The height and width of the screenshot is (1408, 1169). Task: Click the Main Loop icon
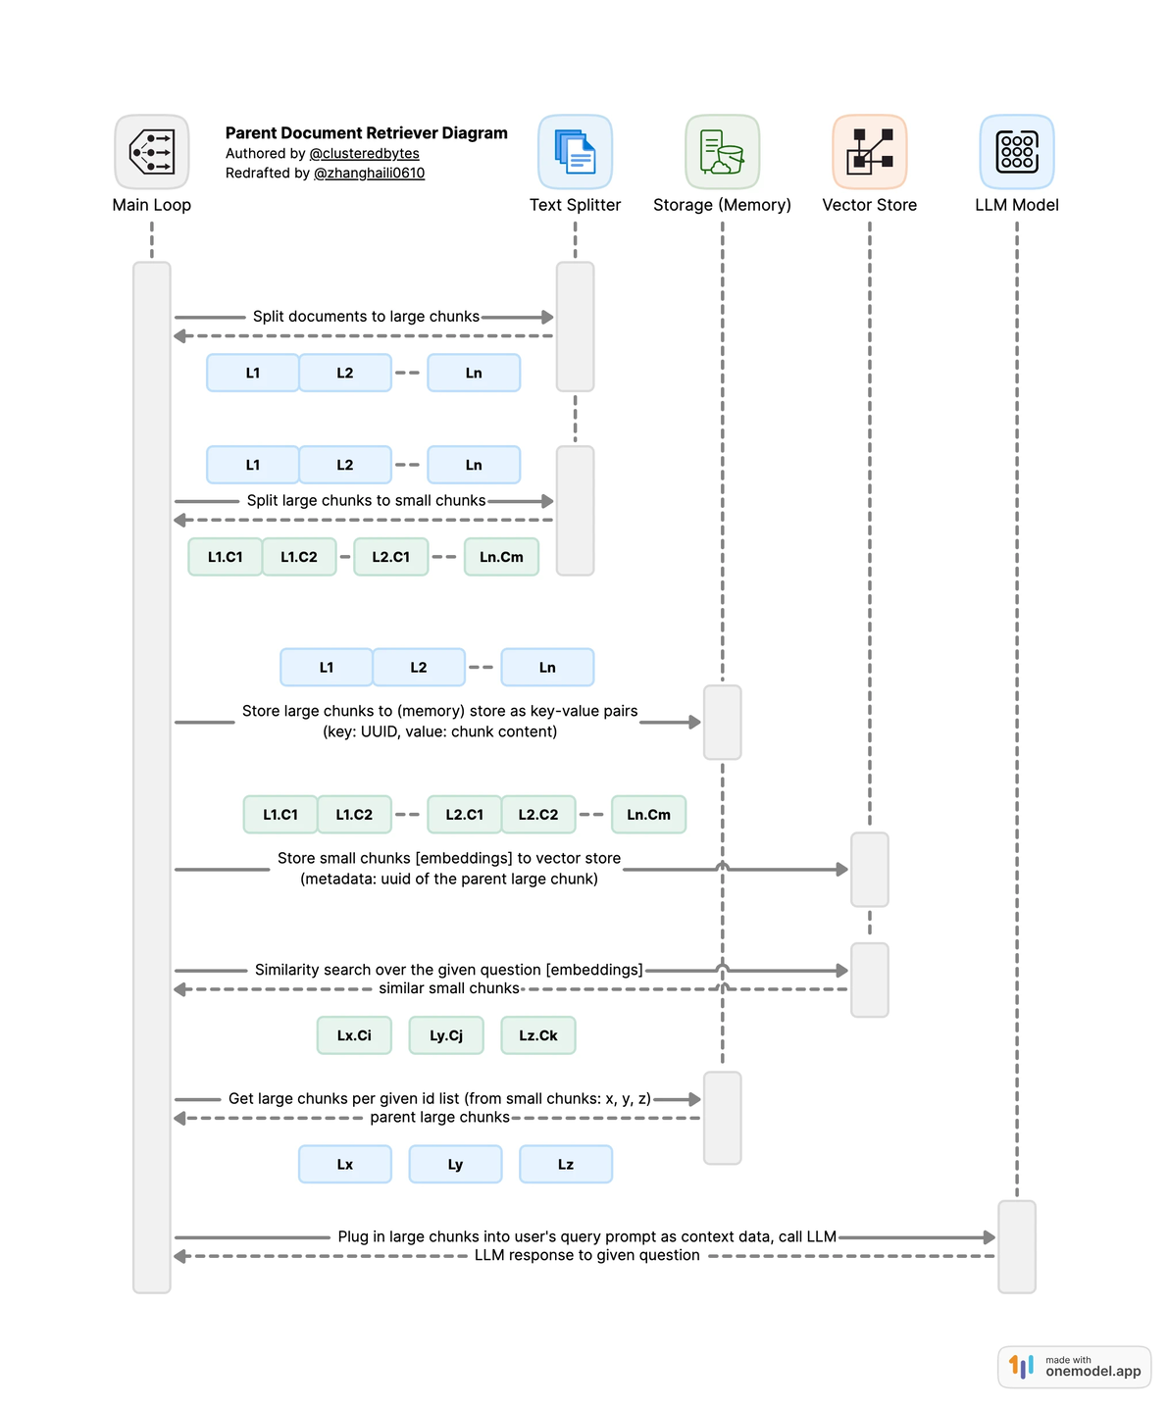pos(152,152)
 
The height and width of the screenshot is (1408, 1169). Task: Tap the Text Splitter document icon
pos(575,152)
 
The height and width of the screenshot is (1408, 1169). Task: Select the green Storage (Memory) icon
pos(722,152)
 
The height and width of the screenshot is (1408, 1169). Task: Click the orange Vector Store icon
pos(869,152)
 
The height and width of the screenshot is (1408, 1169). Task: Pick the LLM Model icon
pos(1017,152)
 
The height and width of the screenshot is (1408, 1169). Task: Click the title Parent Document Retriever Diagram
pos(366,133)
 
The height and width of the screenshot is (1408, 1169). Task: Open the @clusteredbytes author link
pos(364,154)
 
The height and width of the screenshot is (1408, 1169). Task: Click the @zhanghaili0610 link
pos(369,174)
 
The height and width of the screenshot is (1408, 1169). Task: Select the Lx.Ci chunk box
pos(354,1035)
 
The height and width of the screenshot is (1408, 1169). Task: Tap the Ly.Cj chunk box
pos(446,1035)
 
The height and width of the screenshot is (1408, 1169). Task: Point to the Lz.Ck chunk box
pos(538,1035)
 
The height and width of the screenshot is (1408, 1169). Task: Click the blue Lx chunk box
pos(345,1165)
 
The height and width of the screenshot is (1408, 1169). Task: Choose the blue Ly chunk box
pos(455,1165)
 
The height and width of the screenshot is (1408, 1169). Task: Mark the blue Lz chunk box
pos(566,1165)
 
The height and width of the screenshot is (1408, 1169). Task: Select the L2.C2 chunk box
pos(538,815)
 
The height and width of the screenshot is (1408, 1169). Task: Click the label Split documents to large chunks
pos(366,317)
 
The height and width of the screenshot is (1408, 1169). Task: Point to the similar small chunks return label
pos(449,988)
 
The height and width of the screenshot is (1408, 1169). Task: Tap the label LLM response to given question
pos(586,1255)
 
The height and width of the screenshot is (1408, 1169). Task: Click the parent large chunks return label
pos(439,1118)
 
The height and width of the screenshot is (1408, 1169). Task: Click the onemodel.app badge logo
pos(1022,1367)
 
